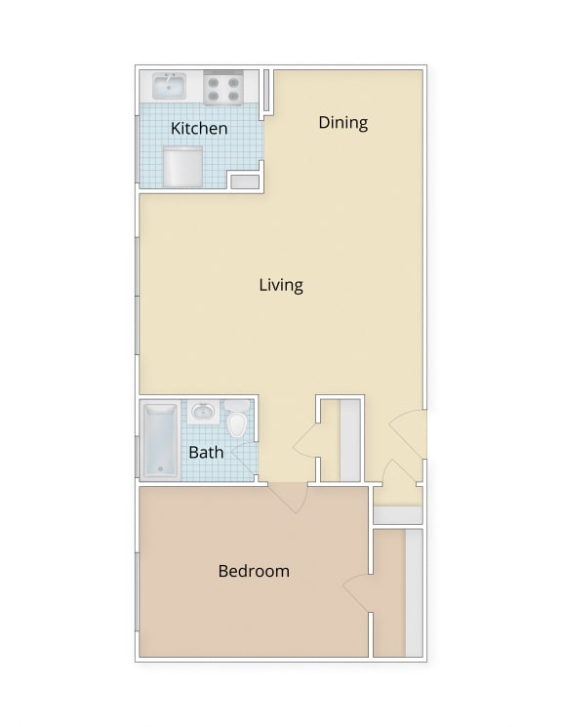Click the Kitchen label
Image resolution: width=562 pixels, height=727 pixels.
[199, 128]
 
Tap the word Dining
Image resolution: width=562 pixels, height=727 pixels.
[342, 122]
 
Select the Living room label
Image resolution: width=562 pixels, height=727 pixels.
[281, 285]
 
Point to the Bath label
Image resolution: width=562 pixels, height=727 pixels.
[206, 452]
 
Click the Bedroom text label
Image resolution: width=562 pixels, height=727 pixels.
[254, 571]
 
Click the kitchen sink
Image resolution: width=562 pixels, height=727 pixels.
[171, 87]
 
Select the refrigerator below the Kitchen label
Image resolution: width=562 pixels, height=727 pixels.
[182, 167]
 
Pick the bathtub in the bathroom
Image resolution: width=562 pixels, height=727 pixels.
[161, 441]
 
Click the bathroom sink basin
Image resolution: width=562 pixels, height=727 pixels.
[203, 412]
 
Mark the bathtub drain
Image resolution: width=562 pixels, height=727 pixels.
[161, 469]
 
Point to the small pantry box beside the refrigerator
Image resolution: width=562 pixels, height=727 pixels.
[244, 181]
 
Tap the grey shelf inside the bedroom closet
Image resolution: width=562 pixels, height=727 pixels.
[413, 592]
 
